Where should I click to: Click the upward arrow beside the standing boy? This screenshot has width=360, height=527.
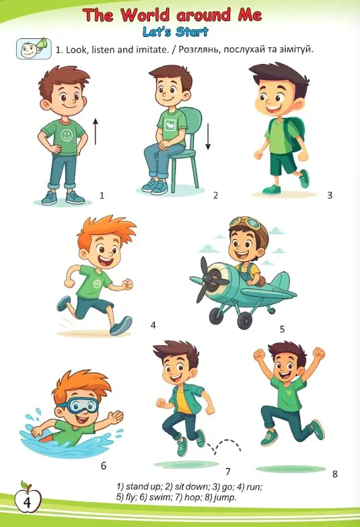[96, 131]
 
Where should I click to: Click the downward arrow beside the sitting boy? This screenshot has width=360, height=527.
[208, 137]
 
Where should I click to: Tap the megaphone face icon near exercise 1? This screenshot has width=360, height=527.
[34, 49]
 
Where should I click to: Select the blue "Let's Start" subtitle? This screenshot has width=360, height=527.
[176, 32]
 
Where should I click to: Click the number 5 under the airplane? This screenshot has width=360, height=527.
[282, 329]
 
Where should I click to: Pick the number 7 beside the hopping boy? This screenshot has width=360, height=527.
[228, 472]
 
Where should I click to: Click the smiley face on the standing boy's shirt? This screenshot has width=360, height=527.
[67, 135]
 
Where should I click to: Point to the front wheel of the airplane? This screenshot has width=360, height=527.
[245, 321]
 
